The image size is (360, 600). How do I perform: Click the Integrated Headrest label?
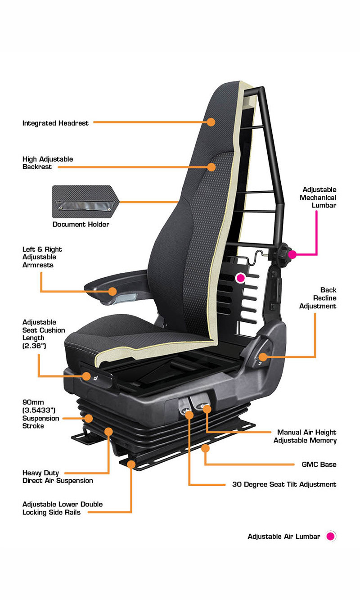pos(55,123)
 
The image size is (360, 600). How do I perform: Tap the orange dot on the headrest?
pos(211,122)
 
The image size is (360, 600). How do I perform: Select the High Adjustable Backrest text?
pos(48,163)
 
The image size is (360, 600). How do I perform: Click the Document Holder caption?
pos(81,225)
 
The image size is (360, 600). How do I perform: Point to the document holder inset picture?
pos(85,202)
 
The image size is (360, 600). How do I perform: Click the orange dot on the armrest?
pos(112,291)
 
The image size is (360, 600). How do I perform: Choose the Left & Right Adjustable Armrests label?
pos(42,257)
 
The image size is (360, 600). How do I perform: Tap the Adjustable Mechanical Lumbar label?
pos(318,198)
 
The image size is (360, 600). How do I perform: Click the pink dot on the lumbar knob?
pos(292,254)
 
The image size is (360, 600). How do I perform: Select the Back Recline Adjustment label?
pos(318,298)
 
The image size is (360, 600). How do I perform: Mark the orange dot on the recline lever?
pos(263,357)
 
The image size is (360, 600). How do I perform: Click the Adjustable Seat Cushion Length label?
pos(44,334)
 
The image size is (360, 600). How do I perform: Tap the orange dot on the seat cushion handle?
pos(86,376)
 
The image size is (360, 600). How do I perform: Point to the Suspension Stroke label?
pos(40,414)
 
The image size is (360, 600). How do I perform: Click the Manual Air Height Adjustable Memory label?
pos(305,436)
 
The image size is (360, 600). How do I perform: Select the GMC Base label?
pos(319,465)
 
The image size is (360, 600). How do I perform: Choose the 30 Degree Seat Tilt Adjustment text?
pos(284,484)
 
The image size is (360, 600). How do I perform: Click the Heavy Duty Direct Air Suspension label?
pos(58,477)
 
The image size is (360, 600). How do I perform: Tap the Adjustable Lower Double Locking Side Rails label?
pos(63,508)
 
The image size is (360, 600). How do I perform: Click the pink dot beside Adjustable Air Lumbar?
pos(331,536)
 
